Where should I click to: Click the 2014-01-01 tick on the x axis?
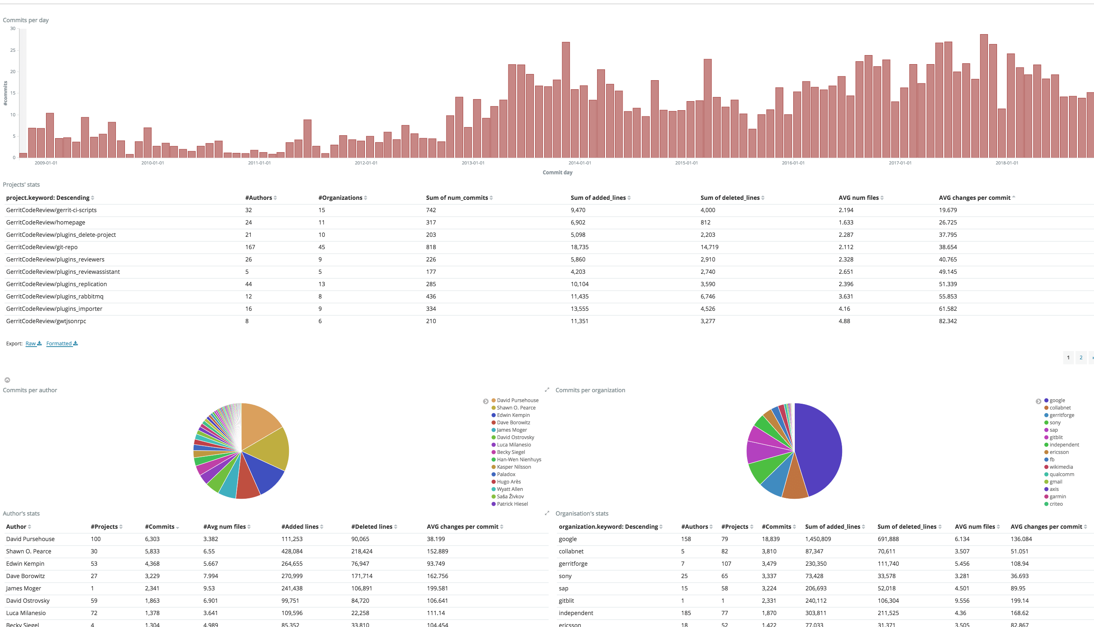tap(579, 163)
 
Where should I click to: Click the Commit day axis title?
tap(557, 172)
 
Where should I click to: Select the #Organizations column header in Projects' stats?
tap(340, 198)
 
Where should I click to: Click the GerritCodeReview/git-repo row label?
tap(42, 247)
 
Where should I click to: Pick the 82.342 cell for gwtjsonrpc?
tap(948, 321)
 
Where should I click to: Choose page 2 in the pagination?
tap(1081, 357)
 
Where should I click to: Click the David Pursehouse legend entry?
tap(517, 400)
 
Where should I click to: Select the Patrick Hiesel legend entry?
tap(512, 504)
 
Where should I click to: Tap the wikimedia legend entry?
tap(1061, 467)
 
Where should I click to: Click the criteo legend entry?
tap(1056, 504)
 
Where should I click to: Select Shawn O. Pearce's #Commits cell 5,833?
tap(152, 551)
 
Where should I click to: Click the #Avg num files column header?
tap(224, 527)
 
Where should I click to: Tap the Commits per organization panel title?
tap(590, 390)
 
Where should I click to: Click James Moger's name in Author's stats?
tap(24, 588)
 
